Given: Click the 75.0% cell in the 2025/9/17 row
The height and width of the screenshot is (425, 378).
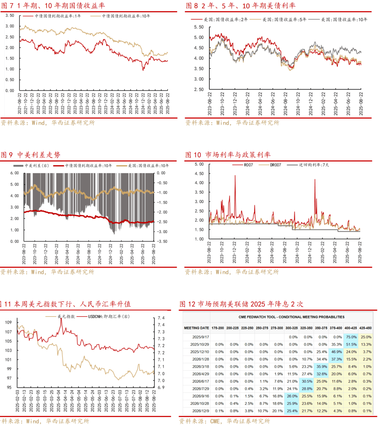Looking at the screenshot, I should click(x=351, y=337).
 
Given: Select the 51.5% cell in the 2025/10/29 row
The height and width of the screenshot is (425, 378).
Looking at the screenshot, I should click(x=351, y=344).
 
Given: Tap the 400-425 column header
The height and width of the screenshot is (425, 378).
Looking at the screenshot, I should click(x=351, y=328).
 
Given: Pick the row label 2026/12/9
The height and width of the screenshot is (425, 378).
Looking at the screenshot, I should click(x=201, y=411).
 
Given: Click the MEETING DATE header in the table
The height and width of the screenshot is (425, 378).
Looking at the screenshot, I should click(x=196, y=328).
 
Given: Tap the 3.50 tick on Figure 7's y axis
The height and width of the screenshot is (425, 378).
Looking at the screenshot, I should click(x=10, y=15).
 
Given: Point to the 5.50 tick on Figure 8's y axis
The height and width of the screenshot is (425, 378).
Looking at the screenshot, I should click(x=198, y=27).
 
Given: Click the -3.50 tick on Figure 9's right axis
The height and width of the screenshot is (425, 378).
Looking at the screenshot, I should click(x=162, y=241).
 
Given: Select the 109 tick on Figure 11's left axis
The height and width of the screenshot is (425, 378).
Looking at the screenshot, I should click(x=8, y=322).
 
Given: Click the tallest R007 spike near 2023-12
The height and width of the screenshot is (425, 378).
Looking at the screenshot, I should click(x=235, y=176).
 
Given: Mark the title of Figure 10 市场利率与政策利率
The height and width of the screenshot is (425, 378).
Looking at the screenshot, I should click(x=228, y=155).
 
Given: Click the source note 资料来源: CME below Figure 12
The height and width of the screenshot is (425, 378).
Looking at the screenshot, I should click(x=224, y=421).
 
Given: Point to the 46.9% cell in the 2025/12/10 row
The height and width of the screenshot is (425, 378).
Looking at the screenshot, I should click(x=336, y=352).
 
